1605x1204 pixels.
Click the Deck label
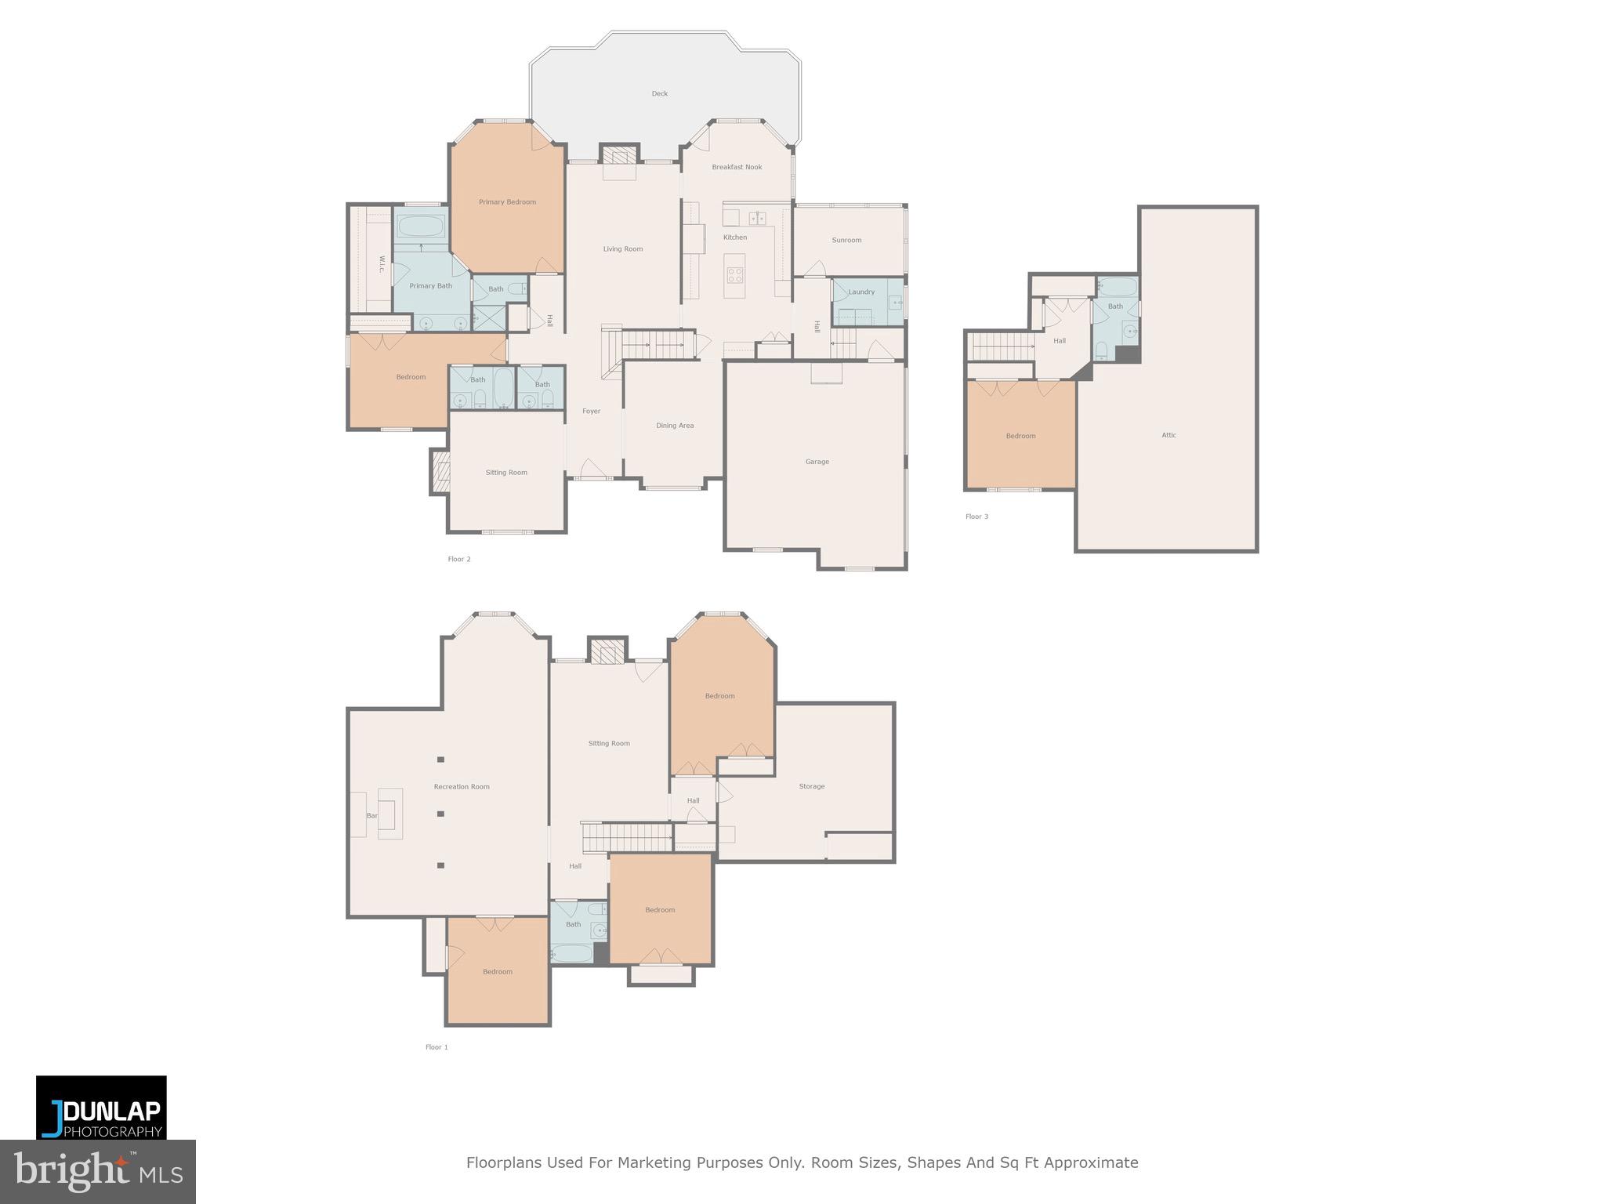click(660, 93)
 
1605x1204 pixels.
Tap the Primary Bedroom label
click(507, 202)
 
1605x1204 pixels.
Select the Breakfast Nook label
click(737, 167)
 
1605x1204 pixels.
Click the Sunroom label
click(846, 240)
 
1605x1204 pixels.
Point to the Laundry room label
click(861, 292)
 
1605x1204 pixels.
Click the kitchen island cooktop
click(735, 274)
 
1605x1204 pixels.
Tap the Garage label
click(817, 462)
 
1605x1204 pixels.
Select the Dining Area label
click(675, 426)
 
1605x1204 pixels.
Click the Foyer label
click(591, 411)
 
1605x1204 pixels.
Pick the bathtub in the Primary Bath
click(420, 227)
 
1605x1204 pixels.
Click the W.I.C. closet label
click(381, 264)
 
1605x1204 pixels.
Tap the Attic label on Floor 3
click(1168, 435)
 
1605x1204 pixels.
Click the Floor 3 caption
click(976, 517)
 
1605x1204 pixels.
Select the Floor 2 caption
click(459, 559)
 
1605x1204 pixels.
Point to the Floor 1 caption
click(437, 1047)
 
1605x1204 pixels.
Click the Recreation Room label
click(462, 786)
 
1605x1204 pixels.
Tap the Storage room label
click(812, 786)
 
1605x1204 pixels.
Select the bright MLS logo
click(98, 1172)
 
